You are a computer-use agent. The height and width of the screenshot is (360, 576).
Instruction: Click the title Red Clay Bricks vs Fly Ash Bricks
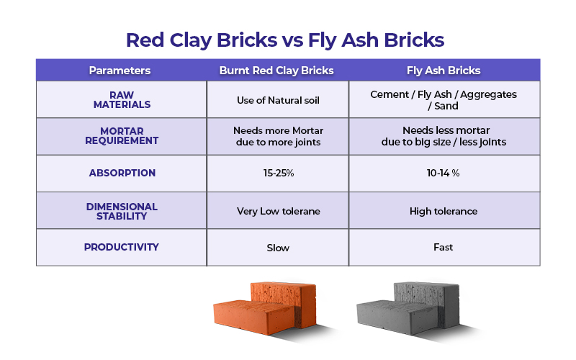[285, 40]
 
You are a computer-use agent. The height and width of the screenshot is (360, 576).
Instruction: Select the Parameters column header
[120, 70]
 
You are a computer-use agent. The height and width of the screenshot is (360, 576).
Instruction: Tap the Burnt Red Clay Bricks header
[276, 71]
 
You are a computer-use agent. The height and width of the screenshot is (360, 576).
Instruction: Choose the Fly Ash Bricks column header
[444, 71]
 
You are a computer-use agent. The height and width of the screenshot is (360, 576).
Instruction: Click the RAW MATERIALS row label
[122, 100]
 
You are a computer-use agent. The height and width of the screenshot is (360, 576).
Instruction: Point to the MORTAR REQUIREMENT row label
[122, 136]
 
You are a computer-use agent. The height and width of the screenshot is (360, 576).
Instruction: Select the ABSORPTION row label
[122, 173]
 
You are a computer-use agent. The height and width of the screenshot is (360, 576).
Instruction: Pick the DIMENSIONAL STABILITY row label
[122, 212]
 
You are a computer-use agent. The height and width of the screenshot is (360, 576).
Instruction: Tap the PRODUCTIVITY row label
[121, 247]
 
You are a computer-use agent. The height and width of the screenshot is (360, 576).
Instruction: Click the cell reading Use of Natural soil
[278, 100]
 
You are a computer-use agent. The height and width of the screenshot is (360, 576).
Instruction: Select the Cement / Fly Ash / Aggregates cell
[444, 100]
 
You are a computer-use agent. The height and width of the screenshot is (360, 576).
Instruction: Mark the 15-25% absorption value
[279, 173]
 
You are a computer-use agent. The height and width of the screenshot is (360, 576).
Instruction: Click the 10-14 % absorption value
[443, 173]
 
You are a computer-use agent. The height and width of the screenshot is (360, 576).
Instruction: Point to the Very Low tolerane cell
[279, 211]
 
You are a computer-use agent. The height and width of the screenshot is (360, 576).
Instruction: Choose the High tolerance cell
[444, 211]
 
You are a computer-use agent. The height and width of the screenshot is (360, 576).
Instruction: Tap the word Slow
[278, 248]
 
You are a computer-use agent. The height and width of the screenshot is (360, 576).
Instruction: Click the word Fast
[443, 247]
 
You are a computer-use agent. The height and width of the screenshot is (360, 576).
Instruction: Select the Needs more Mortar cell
[279, 136]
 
